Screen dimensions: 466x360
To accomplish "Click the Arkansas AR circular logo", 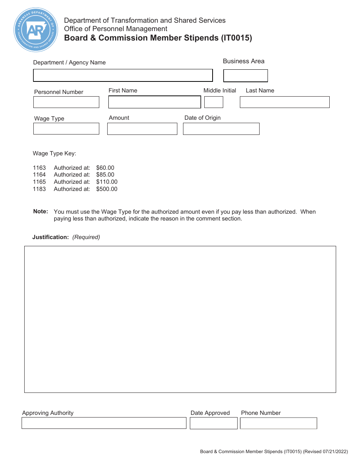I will (x=36, y=30).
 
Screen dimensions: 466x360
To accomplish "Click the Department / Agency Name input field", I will (x=123, y=75).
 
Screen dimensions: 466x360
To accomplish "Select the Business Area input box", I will (x=245, y=76).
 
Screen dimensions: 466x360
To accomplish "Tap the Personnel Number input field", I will (x=66, y=102).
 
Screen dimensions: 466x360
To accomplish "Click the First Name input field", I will (x=154, y=102).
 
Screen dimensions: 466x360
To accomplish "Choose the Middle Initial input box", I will (x=214, y=102).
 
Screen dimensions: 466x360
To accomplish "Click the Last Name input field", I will (x=285, y=102).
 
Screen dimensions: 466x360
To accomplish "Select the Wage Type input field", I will (x=66, y=129).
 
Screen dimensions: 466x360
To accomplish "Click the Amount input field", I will (x=142, y=129).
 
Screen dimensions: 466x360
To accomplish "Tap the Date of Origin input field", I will (x=221, y=129).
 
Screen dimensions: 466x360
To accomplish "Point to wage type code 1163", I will (x=39, y=168).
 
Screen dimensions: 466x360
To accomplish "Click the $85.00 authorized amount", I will (x=105, y=175).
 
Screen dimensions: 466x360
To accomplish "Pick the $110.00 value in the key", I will (x=106, y=182).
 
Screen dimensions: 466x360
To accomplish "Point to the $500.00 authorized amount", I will (x=106, y=189).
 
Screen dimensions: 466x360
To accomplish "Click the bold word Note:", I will (x=41, y=211).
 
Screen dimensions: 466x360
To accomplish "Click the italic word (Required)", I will (x=86, y=237).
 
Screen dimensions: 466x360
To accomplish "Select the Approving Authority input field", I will (x=104, y=423).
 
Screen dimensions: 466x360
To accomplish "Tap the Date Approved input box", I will (x=213, y=423).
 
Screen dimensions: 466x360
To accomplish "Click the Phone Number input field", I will (x=279, y=423).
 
